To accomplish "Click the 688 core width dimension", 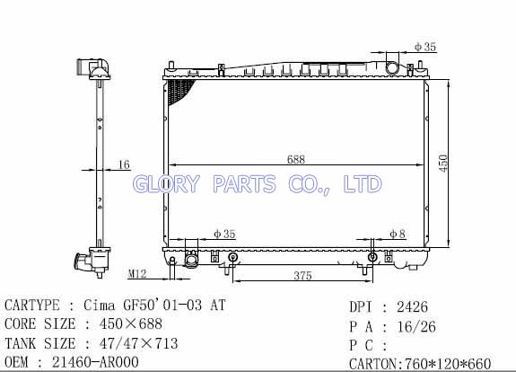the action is click(296, 159).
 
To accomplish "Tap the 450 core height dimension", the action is click(443, 164).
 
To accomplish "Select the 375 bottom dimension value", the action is click(302, 276).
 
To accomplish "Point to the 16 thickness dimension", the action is click(124, 164).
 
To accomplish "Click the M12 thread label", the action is click(137, 273).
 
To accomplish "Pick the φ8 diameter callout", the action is click(398, 234).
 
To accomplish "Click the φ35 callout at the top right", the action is click(425, 47).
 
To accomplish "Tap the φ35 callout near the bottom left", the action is click(224, 234).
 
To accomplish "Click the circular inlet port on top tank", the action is click(392, 67).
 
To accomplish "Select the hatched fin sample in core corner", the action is click(179, 91).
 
